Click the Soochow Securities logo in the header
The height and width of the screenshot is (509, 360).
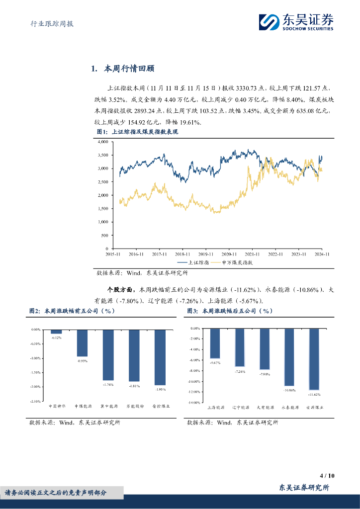click(295, 22)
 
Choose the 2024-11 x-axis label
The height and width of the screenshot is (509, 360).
click(322, 254)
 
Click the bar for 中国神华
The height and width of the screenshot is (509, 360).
click(56, 332)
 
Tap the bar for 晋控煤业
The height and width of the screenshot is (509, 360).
click(160, 357)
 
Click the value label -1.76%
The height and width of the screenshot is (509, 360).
click(108, 384)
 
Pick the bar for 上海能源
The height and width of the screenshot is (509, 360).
click(215, 343)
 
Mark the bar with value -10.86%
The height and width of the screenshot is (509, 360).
click(288, 357)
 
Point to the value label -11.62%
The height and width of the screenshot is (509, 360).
click(314, 394)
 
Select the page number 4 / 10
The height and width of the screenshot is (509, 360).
click(328, 476)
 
